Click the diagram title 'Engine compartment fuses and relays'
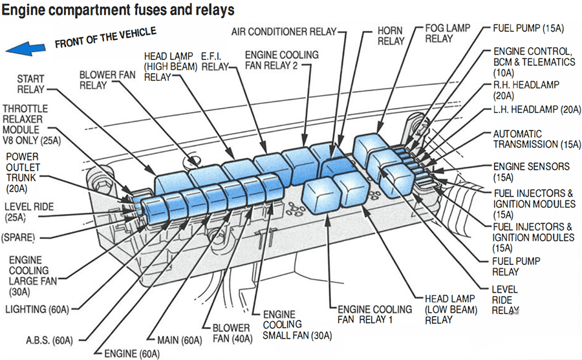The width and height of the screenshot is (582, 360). [x=120, y=11]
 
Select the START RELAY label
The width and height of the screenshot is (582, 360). [x=30, y=84]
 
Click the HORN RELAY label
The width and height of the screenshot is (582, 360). [x=390, y=36]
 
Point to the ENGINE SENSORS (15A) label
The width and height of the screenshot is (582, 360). [x=531, y=171]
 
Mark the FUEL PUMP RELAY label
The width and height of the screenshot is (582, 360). [x=516, y=266]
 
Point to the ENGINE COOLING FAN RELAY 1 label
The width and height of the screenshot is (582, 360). [x=374, y=314]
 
